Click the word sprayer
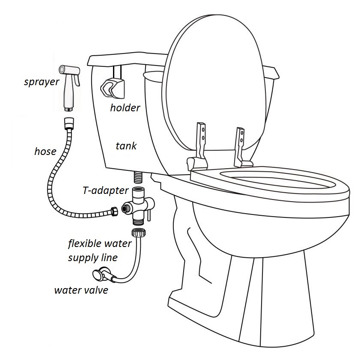(x=42, y=82)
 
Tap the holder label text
(x=125, y=107)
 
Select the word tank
(x=126, y=146)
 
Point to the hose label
(x=45, y=152)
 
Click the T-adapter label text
(x=106, y=190)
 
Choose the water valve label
(x=81, y=290)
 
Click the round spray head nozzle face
(x=62, y=69)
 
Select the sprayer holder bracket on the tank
(x=113, y=87)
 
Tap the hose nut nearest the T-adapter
(x=114, y=211)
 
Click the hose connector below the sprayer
(x=69, y=123)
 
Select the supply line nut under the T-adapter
(x=139, y=232)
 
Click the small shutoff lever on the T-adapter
(x=149, y=214)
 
